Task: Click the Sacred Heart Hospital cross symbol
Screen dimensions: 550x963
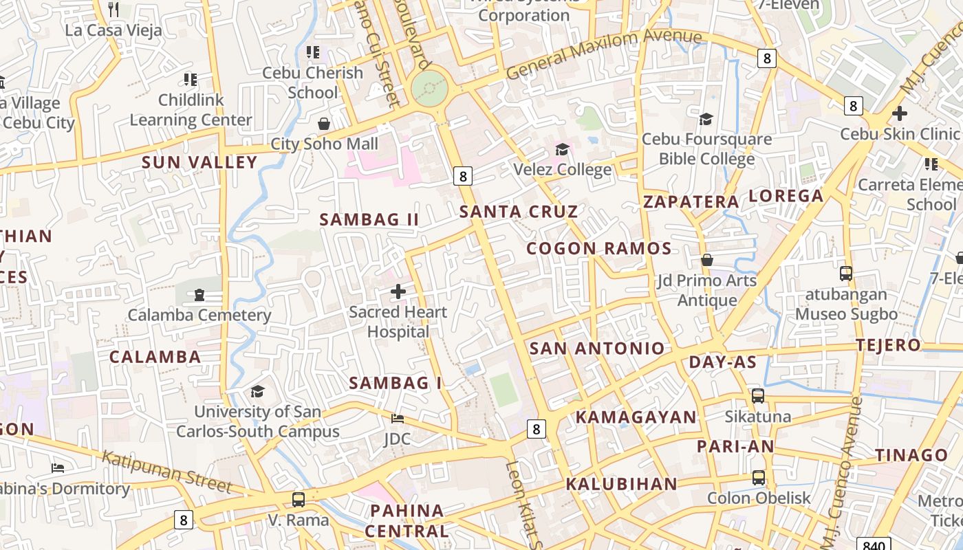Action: (x=398, y=291)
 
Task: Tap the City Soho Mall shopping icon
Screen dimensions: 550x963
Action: (x=324, y=124)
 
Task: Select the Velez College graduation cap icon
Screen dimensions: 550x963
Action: (x=562, y=149)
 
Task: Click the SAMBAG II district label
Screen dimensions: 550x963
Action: (x=369, y=220)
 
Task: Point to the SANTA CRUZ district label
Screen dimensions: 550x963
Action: (x=519, y=212)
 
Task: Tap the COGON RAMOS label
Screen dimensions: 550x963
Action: (x=599, y=249)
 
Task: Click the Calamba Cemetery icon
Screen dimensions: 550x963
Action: (x=199, y=295)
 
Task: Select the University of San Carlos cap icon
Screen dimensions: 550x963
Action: (x=257, y=391)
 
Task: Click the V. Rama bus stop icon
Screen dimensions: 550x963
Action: (x=299, y=500)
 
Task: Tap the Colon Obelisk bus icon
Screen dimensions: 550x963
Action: (x=759, y=477)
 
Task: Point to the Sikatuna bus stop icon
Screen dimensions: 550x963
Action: (x=758, y=396)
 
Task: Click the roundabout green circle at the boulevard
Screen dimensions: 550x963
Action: (x=430, y=89)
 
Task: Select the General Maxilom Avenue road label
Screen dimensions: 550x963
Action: (x=604, y=54)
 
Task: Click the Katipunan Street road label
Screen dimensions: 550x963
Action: (x=168, y=471)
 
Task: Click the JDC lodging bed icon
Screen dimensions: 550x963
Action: (x=398, y=418)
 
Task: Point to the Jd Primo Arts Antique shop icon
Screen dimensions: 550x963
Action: (x=706, y=260)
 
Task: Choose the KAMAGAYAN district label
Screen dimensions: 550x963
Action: (x=636, y=417)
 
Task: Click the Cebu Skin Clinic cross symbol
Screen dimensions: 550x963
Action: (x=900, y=113)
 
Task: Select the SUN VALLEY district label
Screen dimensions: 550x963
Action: (x=199, y=163)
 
